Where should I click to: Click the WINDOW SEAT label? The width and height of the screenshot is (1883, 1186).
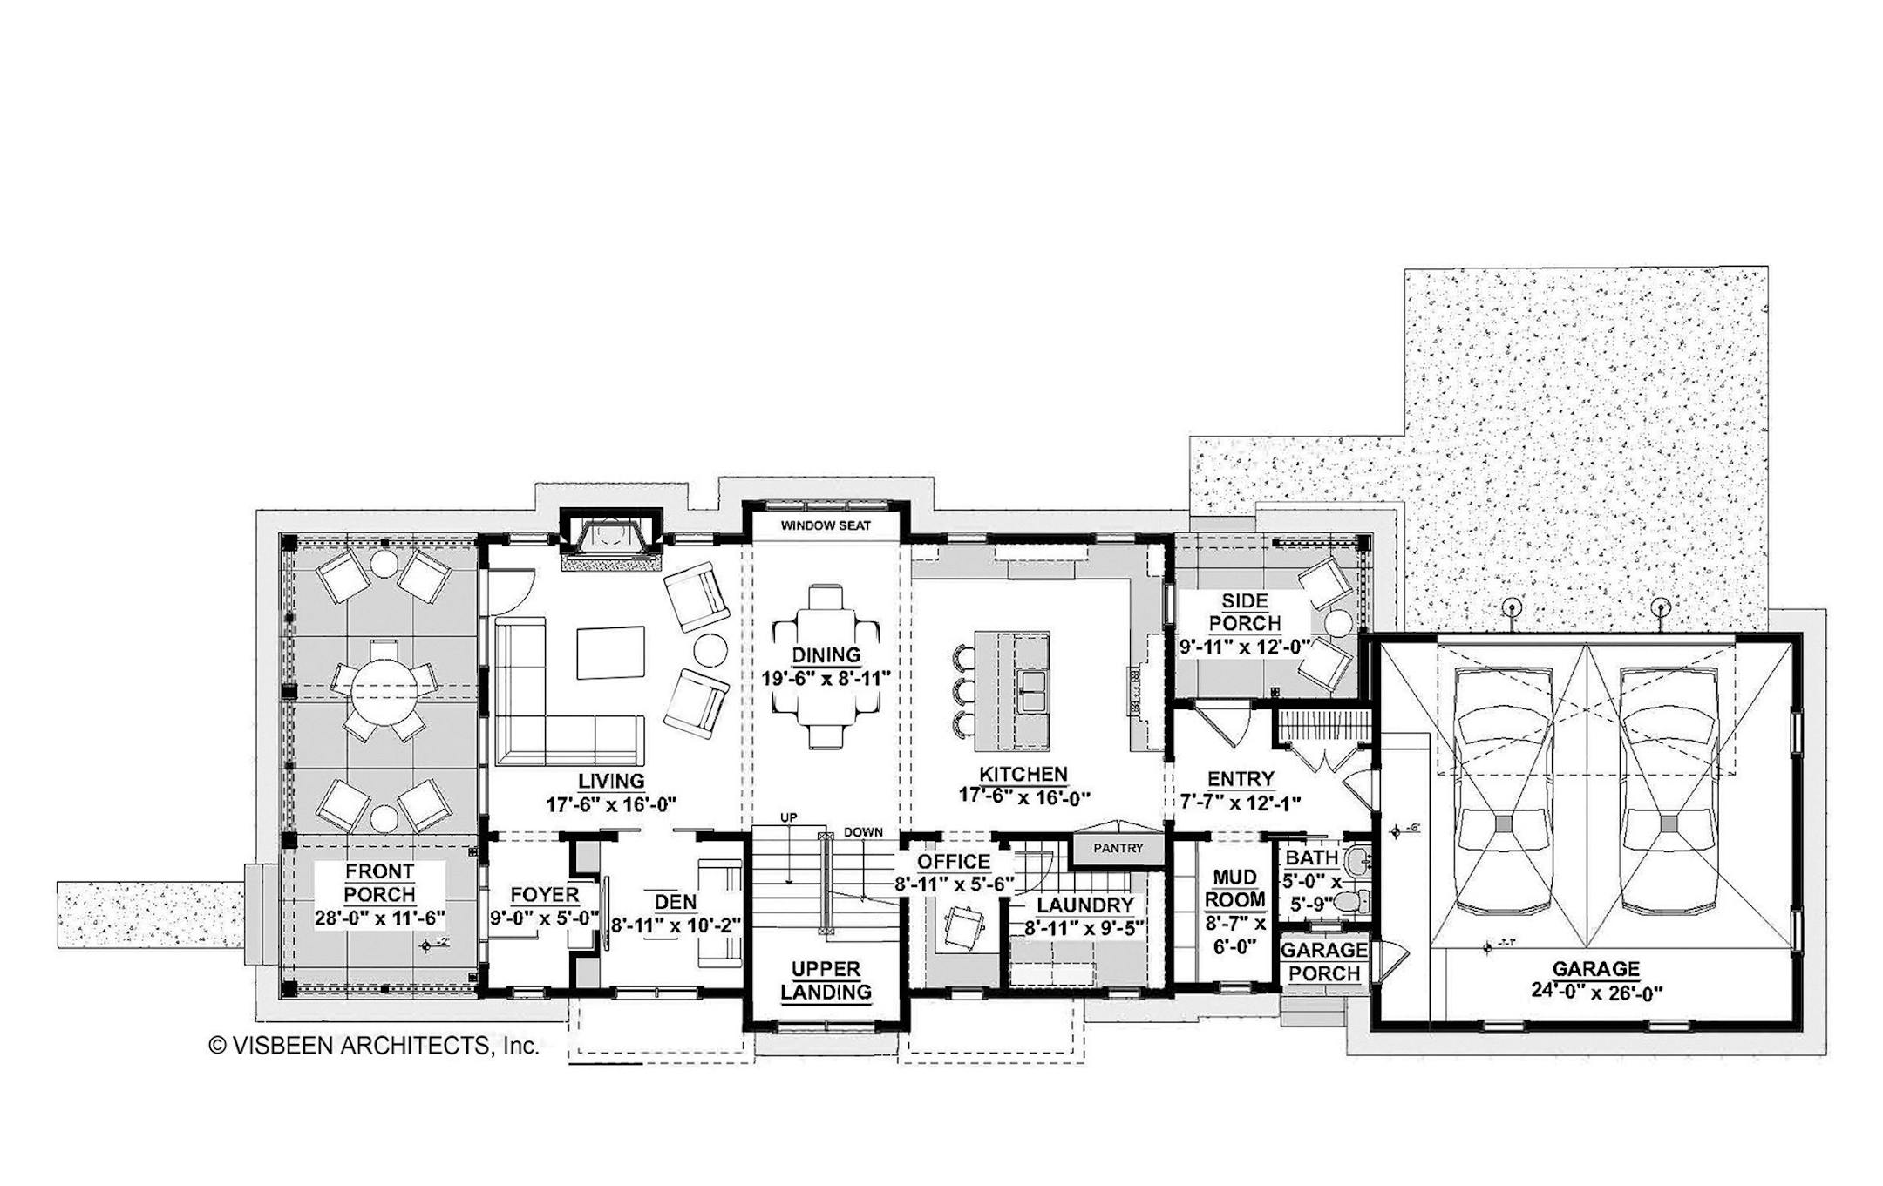825,525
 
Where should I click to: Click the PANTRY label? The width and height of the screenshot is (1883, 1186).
1118,848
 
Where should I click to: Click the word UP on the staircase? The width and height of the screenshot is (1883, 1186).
788,817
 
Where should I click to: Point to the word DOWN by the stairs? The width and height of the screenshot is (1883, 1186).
863,832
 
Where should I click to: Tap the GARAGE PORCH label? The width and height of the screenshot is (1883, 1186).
1323,961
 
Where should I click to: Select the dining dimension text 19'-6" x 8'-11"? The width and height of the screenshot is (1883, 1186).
826,677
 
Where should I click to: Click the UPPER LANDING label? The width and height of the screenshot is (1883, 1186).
826,980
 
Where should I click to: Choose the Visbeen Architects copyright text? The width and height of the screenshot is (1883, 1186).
374,1046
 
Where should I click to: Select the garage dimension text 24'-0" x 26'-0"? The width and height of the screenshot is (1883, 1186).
1596,991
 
